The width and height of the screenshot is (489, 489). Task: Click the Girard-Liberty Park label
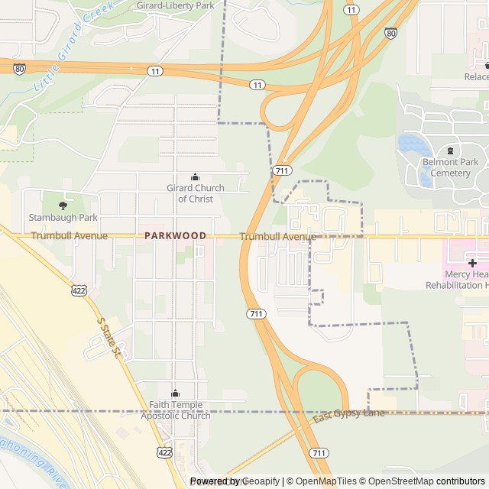coord(175,5)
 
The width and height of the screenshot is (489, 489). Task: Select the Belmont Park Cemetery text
coord(450,167)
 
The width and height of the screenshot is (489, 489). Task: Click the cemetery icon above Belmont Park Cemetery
coord(450,150)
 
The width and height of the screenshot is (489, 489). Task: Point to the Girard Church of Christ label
coord(196,193)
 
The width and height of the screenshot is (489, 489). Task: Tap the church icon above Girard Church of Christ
coord(195,176)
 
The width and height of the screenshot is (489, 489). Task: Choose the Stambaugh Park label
coord(63,218)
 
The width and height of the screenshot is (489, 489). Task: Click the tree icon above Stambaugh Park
coord(63,205)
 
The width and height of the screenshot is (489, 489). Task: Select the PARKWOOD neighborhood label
coord(175,236)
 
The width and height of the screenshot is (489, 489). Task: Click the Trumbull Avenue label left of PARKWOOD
coord(70,236)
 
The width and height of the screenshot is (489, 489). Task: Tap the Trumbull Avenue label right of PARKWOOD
coord(277,237)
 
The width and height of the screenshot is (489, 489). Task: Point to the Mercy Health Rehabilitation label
coord(466,280)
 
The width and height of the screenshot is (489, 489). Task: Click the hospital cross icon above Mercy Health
coord(472,263)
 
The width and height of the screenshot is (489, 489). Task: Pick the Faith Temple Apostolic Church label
coord(175,410)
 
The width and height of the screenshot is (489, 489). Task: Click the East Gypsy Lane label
coord(348,414)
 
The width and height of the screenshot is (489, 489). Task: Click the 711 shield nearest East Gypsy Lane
coord(319,453)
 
